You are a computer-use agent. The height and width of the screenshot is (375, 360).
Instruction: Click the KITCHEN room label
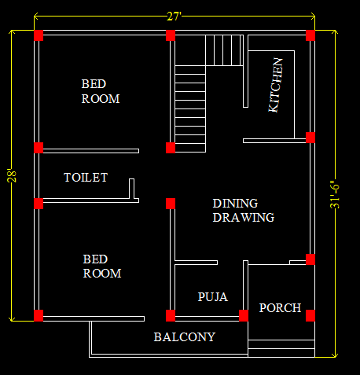tap(276, 85)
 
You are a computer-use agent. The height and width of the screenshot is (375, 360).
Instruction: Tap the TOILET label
tap(86, 178)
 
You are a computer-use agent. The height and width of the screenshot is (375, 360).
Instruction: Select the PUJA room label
tap(213, 297)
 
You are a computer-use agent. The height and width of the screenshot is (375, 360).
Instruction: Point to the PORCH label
tap(280, 308)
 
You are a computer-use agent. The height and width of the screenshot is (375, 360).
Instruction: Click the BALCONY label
tap(185, 337)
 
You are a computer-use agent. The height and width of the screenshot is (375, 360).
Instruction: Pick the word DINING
tap(235, 204)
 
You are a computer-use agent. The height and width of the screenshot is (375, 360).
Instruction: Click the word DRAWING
tap(244, 218)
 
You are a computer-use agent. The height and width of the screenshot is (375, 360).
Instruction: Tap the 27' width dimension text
tap(174, 17)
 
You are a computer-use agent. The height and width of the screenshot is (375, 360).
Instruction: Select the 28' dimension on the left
tap(12, 176)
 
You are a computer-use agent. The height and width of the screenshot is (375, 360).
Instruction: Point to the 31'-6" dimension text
tap(335, 194)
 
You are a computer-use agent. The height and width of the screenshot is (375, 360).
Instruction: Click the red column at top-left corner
tap(39, 35)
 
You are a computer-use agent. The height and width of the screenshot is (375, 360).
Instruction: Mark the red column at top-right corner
tap(310, 35)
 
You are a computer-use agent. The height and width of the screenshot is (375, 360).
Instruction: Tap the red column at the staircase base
tap(171, 148)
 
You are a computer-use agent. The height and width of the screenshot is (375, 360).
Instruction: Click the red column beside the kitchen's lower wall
tap(310, 138)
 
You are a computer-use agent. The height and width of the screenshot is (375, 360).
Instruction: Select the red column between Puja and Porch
tap(244, 315)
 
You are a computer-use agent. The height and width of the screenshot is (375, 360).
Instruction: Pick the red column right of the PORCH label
tap(310, 315)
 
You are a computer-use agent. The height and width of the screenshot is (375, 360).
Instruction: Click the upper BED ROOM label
tap(101, 91)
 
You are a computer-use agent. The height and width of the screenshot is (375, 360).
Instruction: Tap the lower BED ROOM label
tap(102, 267)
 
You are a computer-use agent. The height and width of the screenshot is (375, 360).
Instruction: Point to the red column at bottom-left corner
tap(39, 315)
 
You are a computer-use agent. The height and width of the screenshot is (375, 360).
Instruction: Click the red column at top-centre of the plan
tap(171, 35)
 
